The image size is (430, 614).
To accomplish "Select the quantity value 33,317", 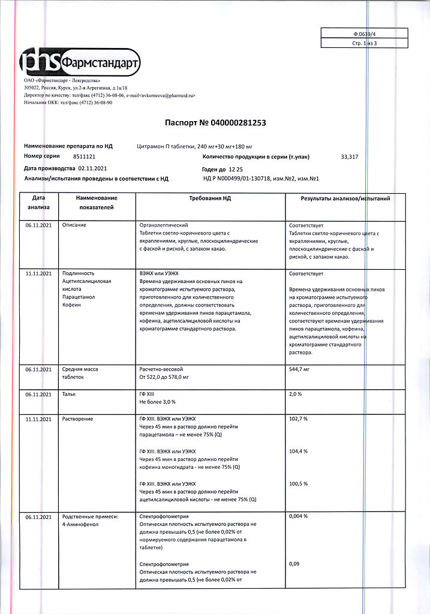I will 349,156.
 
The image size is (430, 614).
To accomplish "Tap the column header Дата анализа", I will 38,202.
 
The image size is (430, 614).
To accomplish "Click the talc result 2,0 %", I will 296,395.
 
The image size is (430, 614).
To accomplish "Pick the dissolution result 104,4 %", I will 298,451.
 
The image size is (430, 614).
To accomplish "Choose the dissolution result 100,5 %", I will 298,483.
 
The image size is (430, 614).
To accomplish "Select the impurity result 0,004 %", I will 299,516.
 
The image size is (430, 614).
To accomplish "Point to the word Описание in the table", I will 74,224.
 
